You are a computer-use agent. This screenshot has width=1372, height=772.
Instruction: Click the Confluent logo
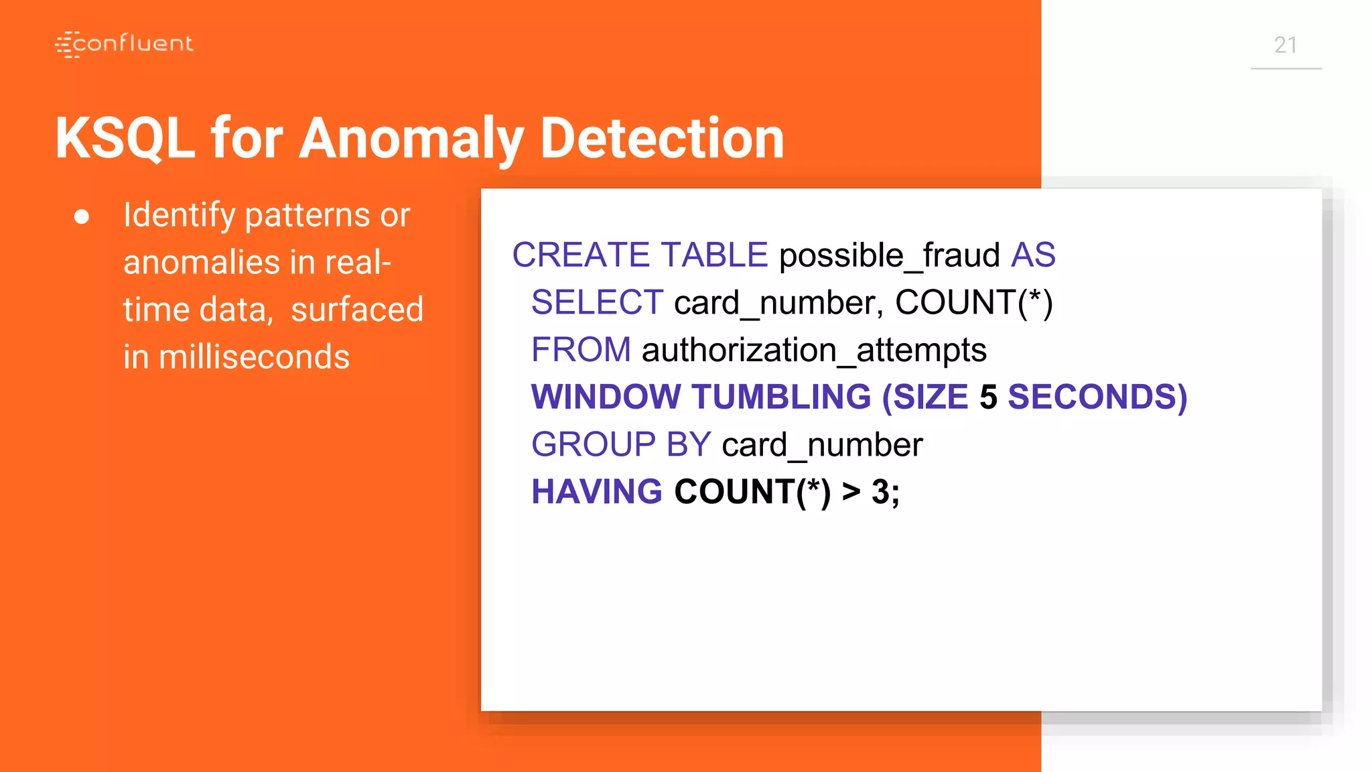(125, 44)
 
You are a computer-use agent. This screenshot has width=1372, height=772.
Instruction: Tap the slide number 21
(1285, 46)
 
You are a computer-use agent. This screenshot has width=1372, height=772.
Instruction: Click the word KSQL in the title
(125, 138)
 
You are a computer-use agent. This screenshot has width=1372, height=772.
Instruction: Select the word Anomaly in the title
(411, 138)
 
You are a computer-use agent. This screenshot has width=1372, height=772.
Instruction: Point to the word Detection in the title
(662, 138)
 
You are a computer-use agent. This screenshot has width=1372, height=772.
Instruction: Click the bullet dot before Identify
(82, 216)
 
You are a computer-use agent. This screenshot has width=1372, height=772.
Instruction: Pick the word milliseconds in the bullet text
(254, 357)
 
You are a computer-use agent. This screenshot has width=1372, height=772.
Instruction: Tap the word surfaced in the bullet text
(357, 310)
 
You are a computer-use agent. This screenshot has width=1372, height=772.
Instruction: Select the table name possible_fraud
(890, 255)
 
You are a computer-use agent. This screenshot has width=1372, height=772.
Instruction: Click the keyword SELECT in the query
(597, 302)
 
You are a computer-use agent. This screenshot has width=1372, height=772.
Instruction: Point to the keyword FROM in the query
(581, 350)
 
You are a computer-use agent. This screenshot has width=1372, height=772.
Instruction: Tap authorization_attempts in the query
(814, 350)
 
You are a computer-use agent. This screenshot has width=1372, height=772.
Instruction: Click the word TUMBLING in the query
(781, 397)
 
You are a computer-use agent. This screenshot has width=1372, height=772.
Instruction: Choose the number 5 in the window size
(988, 397)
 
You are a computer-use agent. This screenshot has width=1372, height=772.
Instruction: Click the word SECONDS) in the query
(1097, 397)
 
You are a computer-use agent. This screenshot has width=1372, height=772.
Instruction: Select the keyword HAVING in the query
(597, 492)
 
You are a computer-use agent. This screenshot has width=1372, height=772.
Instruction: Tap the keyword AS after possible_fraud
(1033, 255)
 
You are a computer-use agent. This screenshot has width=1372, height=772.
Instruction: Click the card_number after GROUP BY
(822, 445)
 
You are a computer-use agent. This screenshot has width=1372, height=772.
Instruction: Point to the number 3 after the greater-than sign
(880, 492)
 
